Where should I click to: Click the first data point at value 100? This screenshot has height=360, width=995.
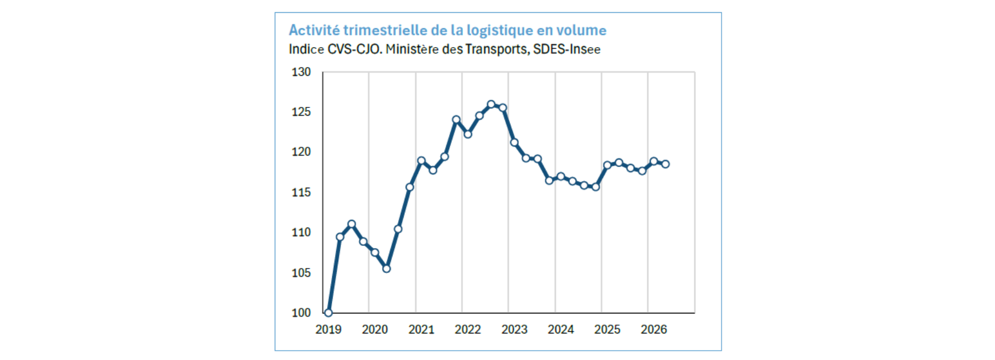(x=328, y=312)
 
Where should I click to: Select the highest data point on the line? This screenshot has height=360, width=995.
(x=491, y=104)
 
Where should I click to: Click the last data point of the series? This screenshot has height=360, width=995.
(x=666, y=164)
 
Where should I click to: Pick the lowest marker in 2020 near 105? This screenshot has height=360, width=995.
(x=386, y=269)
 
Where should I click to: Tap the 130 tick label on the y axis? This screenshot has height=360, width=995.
(x=301, y=72)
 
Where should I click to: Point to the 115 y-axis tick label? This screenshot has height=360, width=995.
(x=301, y=193)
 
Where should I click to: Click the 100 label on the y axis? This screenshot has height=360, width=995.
(x=301, y=313)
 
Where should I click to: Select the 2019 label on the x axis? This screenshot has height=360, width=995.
(x=328, y=330)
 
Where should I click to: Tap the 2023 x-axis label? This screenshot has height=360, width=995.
(x=514, y=330)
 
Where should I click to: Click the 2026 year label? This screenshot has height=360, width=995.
(x=654, y=330)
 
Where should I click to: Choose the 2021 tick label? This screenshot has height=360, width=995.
(x=421, y=330)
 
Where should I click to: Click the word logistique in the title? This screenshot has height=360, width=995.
(x=500, y=30)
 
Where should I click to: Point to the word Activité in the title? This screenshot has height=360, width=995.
(x=314, y=30)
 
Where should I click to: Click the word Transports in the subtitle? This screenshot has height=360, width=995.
(x=496, y=49)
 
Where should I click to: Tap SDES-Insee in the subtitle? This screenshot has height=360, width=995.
(x=567, y=49)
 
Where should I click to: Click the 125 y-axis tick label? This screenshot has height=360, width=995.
(x=301, y=112)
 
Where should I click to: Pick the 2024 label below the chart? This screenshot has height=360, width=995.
(x=561, y=330)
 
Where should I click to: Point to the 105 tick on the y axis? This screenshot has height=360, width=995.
(x=301, y=273)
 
